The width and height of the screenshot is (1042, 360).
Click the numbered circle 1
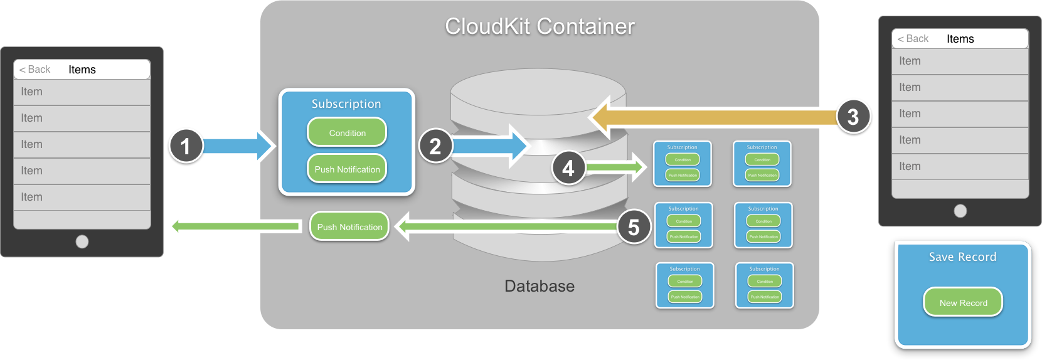coord(185,146)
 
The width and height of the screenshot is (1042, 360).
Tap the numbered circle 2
coord(435,146)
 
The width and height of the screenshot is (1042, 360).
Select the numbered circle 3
coord(853,116)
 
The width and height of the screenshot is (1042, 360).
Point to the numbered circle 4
coord(568,168)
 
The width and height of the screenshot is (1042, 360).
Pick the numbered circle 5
coord(634,226)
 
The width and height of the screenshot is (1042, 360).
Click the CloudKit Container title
coord(540,26)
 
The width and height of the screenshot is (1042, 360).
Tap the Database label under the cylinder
coord(540,286)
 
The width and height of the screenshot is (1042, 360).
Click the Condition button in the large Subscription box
coord(347,133)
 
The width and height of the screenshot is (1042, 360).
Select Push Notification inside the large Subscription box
coord(347,169)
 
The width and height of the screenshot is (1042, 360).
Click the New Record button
coord(963,303)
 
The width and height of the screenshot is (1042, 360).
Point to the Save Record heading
coord(962,257)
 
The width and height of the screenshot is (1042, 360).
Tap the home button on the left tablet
coord(82,241)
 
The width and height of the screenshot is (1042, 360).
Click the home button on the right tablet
coord(960,211)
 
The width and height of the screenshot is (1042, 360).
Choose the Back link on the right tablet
coord(913,39)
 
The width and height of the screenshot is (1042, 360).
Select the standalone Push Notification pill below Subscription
coord(349,227)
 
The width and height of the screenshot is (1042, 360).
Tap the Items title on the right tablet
coord(960,39)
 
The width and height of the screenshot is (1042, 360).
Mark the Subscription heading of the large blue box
coord(346,104)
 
